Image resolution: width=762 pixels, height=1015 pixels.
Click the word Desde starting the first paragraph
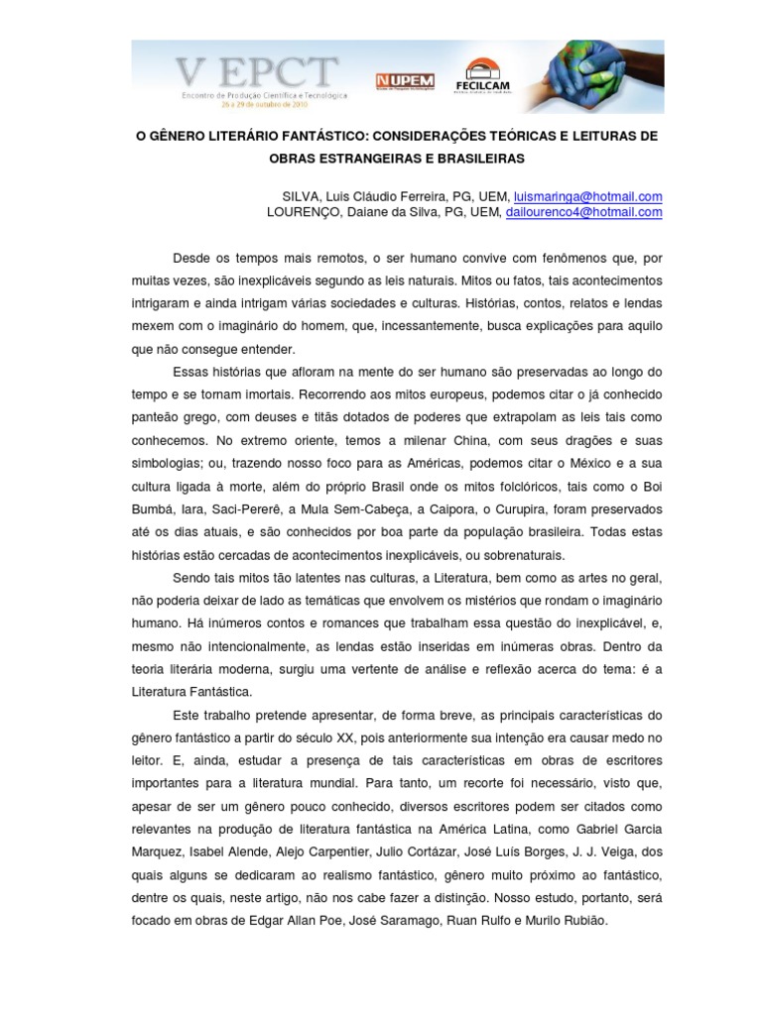click(x=192, y=258)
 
